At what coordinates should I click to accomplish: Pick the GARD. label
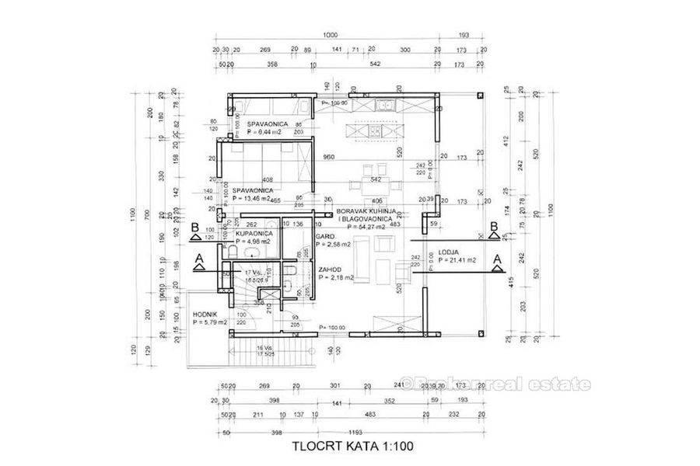click(x=325, y=236)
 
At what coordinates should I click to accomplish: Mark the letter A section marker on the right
click(x=495, y=256)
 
